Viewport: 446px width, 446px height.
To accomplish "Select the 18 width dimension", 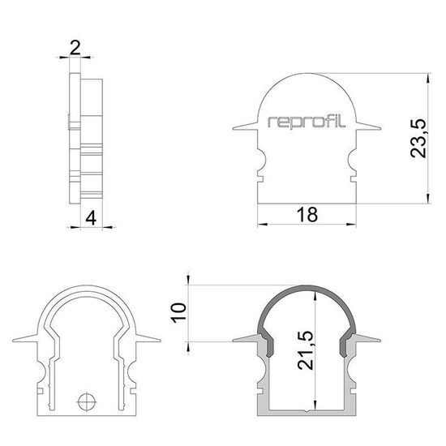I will click(x=307, y=214).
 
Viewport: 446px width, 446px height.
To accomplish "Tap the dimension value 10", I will click(x=181, y=311).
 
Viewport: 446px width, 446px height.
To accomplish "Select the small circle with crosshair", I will click(x=87, y=400).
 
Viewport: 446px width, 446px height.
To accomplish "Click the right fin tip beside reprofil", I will click(x=380, y=126).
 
